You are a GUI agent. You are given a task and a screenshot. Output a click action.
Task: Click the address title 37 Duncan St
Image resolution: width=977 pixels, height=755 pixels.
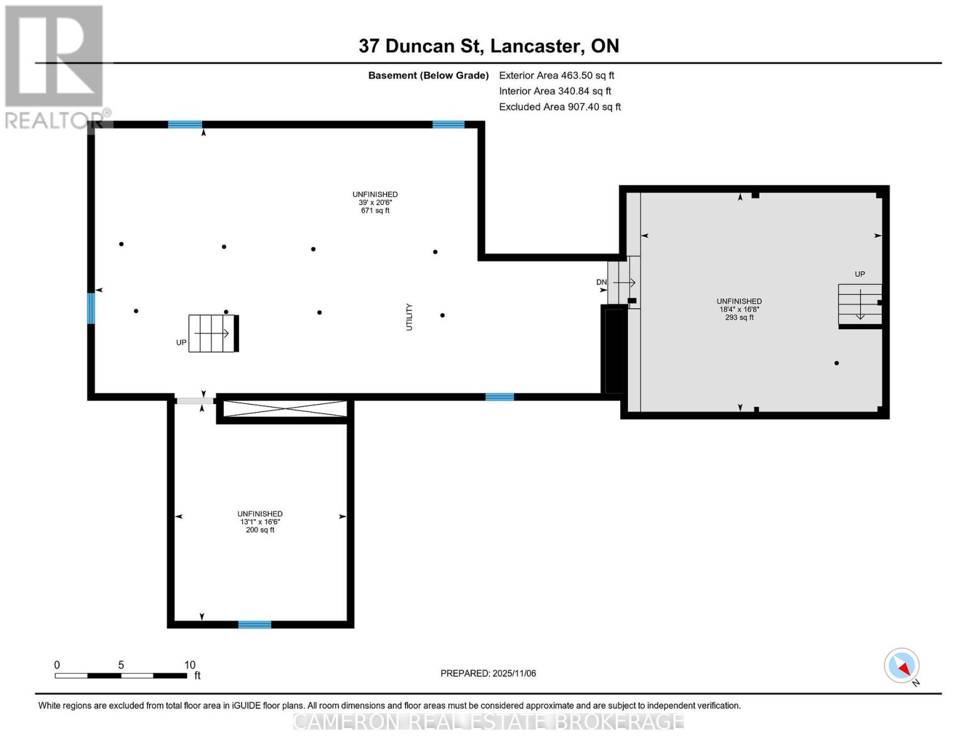(488, 46)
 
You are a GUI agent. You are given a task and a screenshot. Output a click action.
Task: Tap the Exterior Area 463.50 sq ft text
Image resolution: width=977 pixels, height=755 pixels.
(556, 75)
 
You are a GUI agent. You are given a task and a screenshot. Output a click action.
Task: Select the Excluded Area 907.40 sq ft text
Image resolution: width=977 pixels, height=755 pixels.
(559, 107)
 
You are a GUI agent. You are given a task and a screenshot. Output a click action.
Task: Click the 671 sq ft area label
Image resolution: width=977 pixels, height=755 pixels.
(375, 211)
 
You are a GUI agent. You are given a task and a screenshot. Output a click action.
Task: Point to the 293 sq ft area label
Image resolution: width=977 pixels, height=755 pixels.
(739, 318)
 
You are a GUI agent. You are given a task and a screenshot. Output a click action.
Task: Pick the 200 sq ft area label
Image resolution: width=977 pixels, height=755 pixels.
(260, 530)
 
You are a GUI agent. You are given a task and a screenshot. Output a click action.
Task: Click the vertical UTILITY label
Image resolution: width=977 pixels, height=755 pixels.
(409, 317)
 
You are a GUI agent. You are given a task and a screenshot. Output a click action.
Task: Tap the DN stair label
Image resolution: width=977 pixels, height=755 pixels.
(601, 282)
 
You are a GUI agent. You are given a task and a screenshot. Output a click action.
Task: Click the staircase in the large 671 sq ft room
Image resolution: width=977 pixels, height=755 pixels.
(213, 333)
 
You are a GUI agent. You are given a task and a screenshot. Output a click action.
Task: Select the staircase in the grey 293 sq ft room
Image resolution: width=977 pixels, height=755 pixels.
(859, 304)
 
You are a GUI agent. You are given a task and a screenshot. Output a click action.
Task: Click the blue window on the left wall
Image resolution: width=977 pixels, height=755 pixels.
(91, 308)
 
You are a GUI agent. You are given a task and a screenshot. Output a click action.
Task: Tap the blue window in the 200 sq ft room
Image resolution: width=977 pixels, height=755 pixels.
(255, 625)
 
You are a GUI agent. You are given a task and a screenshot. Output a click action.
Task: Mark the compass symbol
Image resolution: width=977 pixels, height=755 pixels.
(902, 666)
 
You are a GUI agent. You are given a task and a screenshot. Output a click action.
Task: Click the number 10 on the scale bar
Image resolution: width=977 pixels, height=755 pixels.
(189, 665)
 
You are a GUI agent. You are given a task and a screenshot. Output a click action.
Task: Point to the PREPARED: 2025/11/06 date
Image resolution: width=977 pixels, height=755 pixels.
(488, 673)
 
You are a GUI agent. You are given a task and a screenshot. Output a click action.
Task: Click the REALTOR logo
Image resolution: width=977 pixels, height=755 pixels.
(55, 66)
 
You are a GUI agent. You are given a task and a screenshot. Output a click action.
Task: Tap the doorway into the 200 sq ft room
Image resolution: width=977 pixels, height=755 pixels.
(194, 401)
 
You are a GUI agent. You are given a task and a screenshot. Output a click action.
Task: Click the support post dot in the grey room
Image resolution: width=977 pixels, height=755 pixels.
(836, 363)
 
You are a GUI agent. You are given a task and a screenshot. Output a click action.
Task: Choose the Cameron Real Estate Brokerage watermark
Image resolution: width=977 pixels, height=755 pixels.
(488, 721)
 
